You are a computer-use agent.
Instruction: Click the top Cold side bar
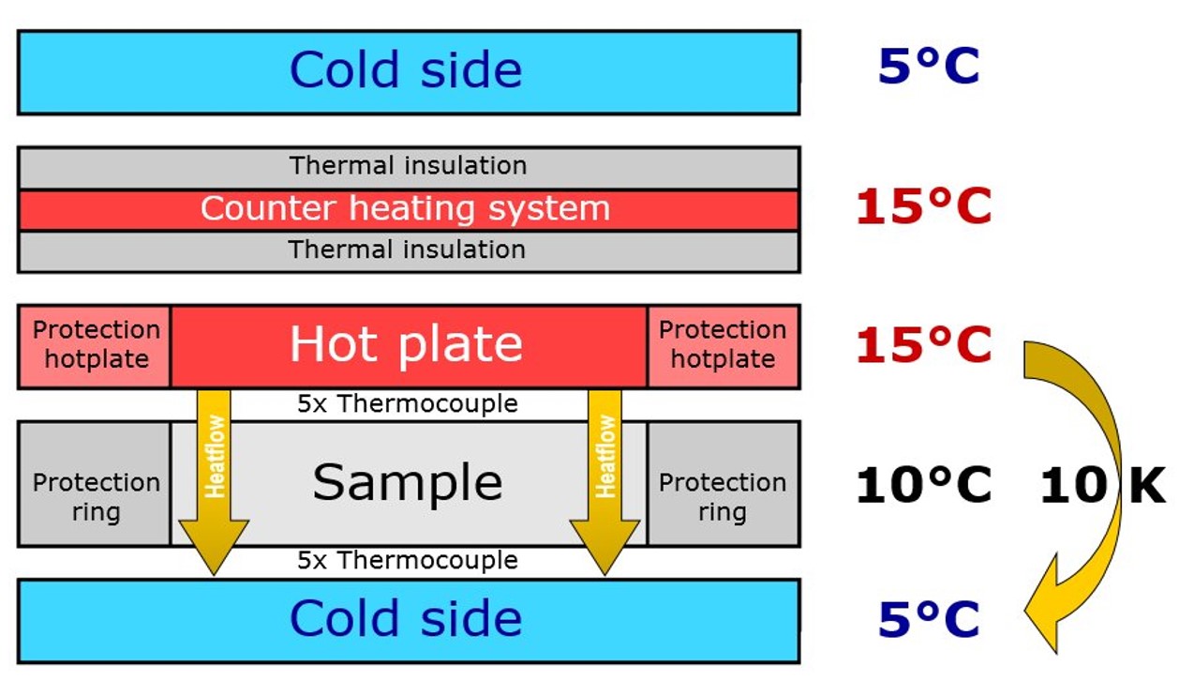point(409,72)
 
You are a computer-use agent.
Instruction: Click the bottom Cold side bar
point(409,621)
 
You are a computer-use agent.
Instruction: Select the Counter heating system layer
point(409,210)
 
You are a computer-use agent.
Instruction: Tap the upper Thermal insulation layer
point(409,168)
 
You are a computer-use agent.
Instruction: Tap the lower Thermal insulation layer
point(409,251)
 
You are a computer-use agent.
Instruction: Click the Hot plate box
point(409,347)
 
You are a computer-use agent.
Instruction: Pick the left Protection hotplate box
point(95,347)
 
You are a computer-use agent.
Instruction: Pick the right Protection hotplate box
point(724,347)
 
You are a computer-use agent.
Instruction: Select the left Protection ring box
point(95,484)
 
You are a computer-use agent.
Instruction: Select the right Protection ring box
point(724,484)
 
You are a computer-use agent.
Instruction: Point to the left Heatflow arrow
point(214,482)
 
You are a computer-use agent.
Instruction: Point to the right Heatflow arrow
point(604,482)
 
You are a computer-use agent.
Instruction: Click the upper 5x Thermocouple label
point(408,404)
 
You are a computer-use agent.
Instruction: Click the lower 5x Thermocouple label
point(408,561)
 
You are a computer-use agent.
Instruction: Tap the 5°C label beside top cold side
point(929,67)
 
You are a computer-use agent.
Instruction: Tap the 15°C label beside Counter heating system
point(924,206)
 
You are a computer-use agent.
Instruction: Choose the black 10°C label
point(924,485)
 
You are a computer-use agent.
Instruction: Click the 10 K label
point(1103,485)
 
